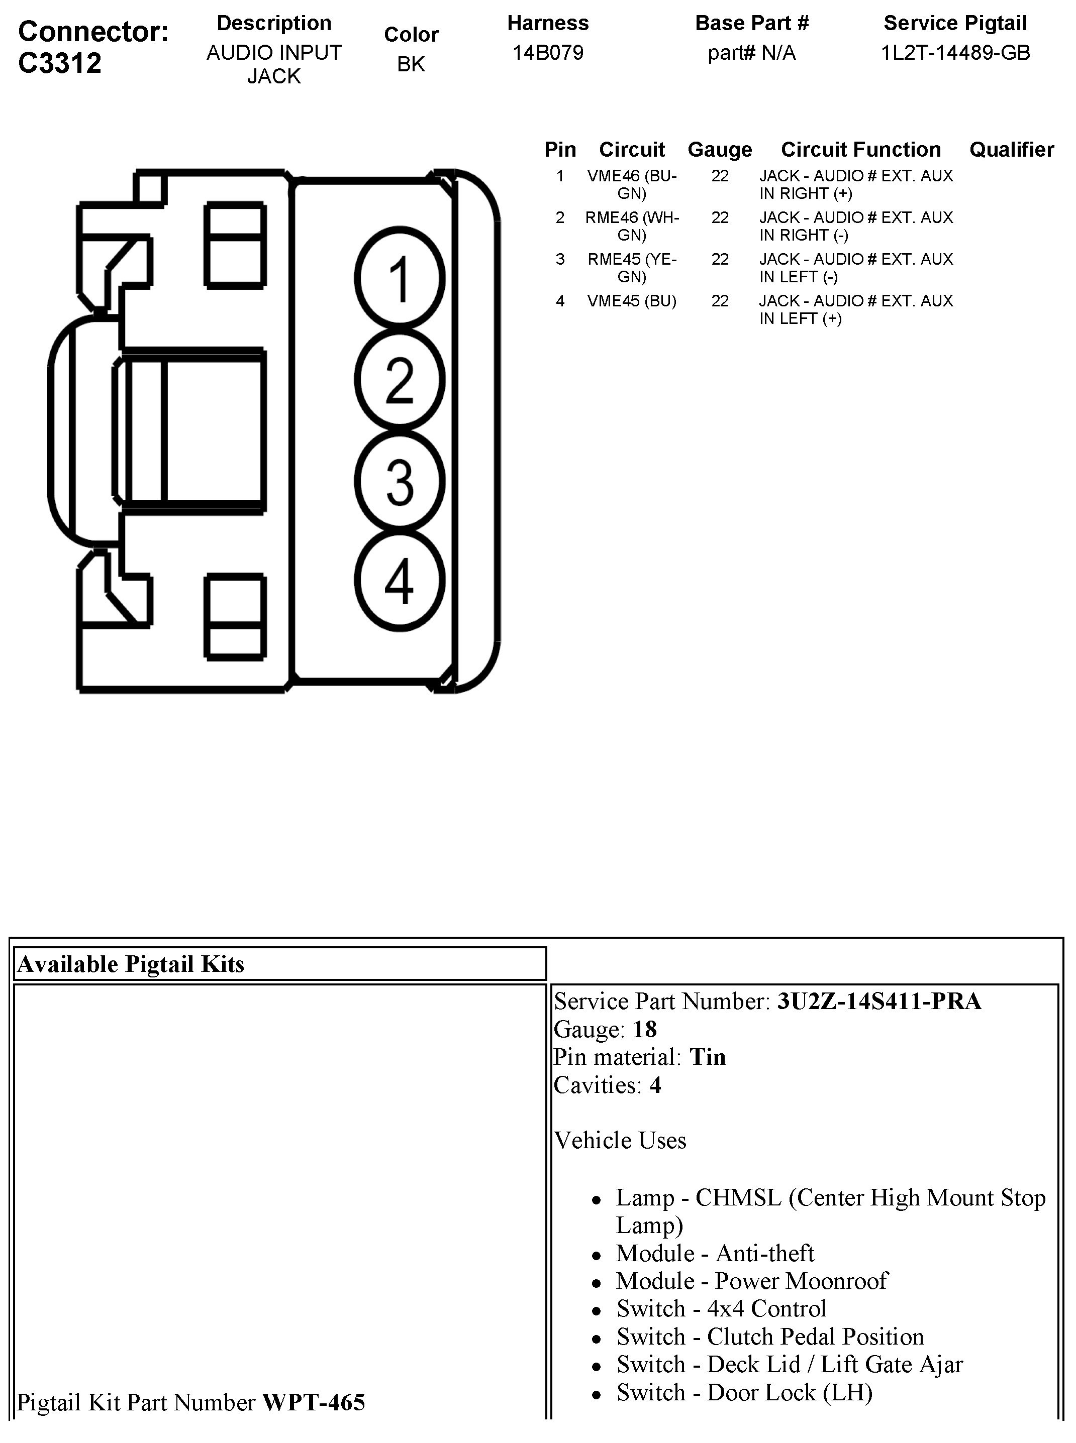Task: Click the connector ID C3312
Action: pos(60,63)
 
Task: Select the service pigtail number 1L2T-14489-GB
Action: pos(955,53)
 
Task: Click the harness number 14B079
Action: pos(548,53)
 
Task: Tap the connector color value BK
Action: pos(411,64)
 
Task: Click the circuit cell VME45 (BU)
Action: pos(632,301)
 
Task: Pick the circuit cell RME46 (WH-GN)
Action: pos(632,226)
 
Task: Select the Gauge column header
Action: pos(720,150)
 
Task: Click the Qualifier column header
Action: pos(1012,150)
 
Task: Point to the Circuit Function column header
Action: pos(860,150)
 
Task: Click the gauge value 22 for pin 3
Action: pos(720,259)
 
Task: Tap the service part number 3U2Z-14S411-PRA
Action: pos(878,1001)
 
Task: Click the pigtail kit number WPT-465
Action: pos(313,1402)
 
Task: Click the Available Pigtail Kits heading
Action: pos(131,964)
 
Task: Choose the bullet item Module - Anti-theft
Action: pos(715,1253)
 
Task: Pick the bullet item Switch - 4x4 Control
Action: pos(721,1308)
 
